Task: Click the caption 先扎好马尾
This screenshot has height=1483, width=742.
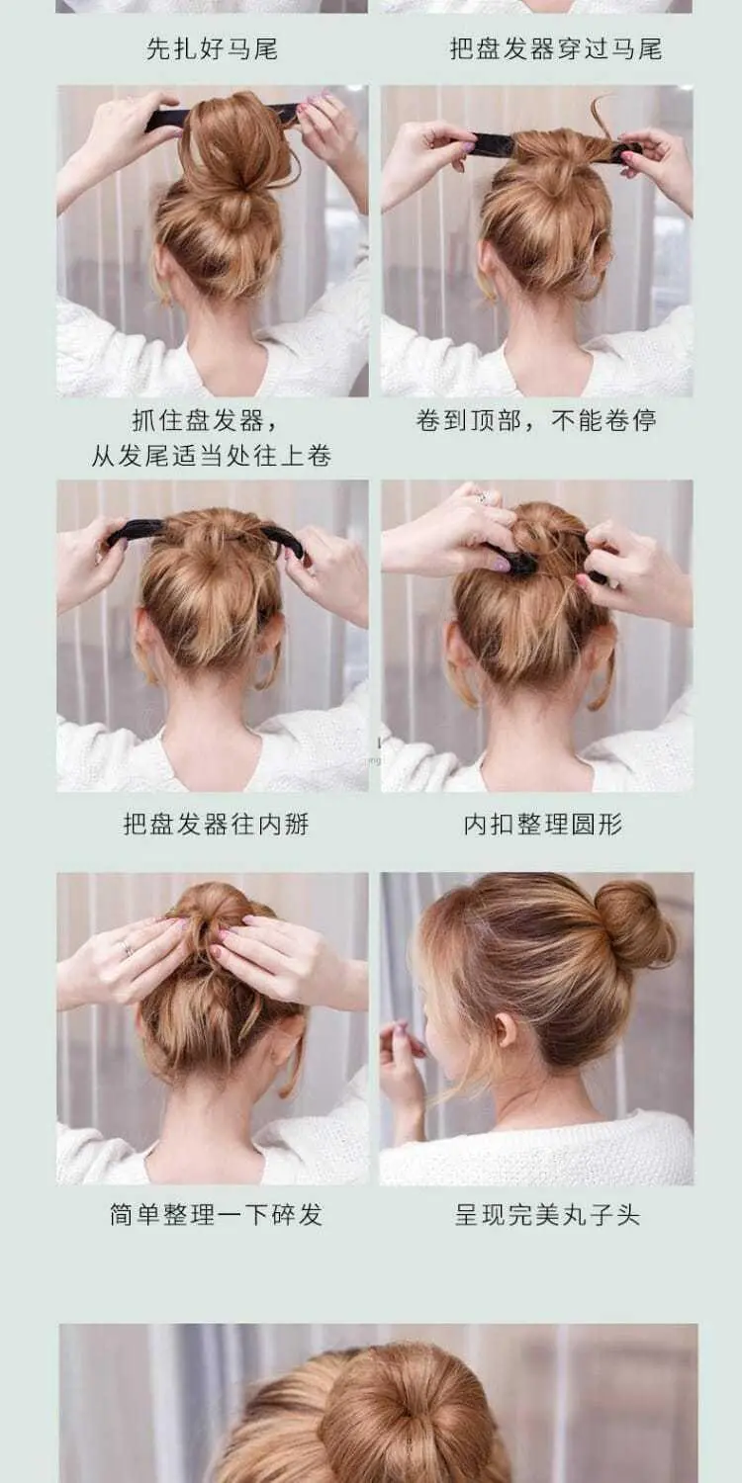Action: point(212,49)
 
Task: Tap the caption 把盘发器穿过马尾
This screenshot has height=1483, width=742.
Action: point(556,49)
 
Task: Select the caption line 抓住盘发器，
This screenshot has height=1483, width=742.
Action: point(206,420)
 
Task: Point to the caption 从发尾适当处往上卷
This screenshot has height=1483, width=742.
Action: point(212,456)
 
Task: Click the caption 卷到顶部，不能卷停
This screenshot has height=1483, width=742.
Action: point(536,420)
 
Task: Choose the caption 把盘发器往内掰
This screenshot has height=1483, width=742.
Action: point(216,825)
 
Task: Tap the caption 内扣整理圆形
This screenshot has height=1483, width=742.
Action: point(542,825)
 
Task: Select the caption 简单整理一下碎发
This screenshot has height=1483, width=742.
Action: point(216,1215)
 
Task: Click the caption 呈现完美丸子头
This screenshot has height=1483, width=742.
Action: point(547,1215)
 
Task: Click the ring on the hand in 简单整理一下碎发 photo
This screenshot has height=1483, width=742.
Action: point(127,949)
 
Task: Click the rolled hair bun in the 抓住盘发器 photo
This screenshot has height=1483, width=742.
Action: point(235,142)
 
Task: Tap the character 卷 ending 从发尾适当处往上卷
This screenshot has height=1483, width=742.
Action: point(319,456)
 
